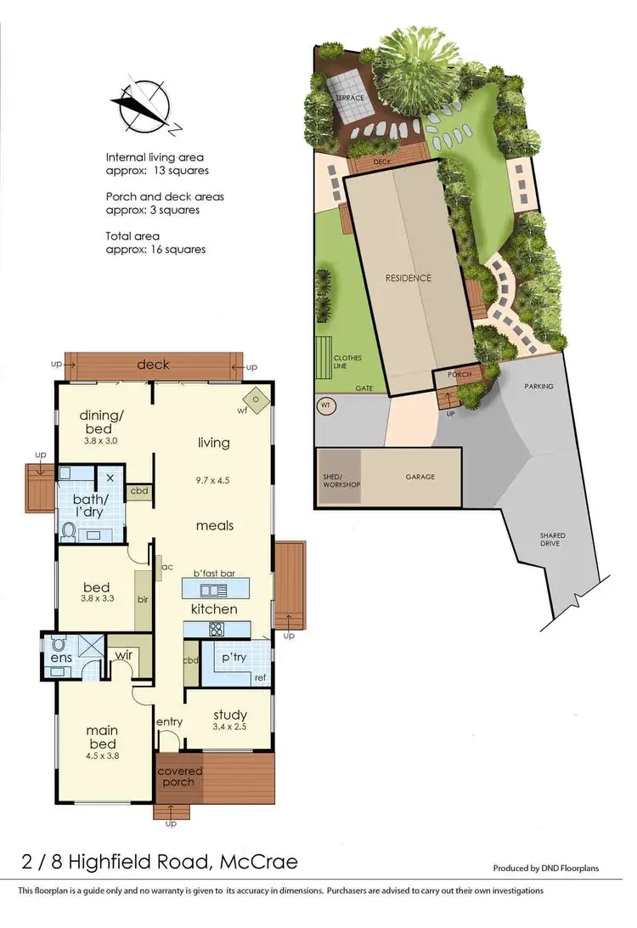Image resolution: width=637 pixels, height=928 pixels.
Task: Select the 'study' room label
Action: (229, 714)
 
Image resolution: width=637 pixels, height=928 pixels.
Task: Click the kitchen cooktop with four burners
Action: (216, 630)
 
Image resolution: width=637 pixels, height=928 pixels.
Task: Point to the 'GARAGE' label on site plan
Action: (420, 477)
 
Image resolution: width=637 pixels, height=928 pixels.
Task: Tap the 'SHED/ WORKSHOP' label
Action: (340, 480)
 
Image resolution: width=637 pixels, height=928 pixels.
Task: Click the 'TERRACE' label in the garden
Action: (349, 99)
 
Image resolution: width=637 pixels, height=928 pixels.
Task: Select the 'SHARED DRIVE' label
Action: (552, 540)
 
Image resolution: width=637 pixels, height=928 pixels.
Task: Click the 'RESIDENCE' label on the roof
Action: (409, 278)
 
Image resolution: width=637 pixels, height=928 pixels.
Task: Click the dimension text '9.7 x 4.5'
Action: (213, 480)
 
